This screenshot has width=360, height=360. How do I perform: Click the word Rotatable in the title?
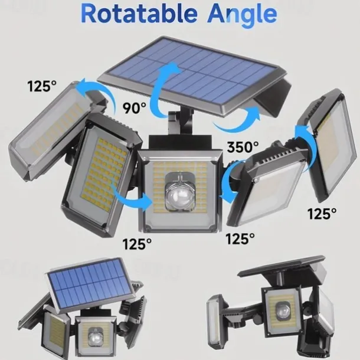pos(139,14)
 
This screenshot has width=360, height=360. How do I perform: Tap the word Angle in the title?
pos(242,15)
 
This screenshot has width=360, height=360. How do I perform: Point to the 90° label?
pos(135,108)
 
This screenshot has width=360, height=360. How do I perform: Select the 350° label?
pos(243,147)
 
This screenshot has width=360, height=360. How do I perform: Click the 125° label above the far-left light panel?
pos(42,86)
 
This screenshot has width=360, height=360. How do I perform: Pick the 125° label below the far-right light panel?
pos(322,214)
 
